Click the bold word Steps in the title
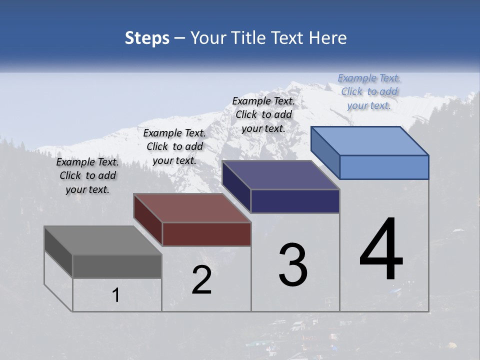point(147,38)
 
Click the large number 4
point(381,249)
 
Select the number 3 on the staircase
point(293,265)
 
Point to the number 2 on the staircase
point(201,280)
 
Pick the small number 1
point(116,295)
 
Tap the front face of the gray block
point(117,266)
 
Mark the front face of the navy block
point(295,201)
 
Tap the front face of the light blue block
point(384,167)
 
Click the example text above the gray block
point(87,175)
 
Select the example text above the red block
point(174,146)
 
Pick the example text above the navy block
point(263,114)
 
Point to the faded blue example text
point(369,91)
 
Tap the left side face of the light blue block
point(325,152)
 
